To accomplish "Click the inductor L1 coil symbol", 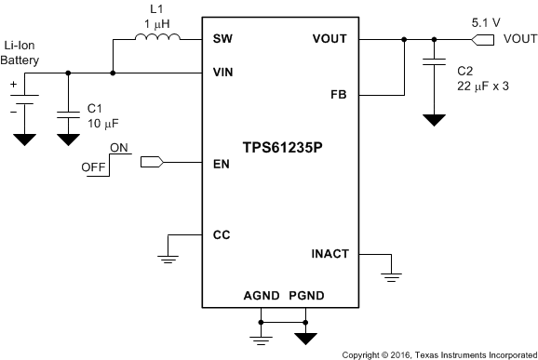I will pyautogui.click(x=155, y=38).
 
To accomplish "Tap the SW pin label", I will pyautogui.click(x=222, y=40).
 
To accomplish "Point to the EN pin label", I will pyautogui.click(x=221, y=163).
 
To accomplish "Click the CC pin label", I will pyautogui.click(x=222, y=234).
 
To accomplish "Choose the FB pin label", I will pyautogui.click(x=340, y=95).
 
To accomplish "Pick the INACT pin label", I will pyautogui.click(x=331, y=253).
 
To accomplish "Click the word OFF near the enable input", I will pyautogui.click(x=93, y=168).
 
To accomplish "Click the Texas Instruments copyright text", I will pyautogui.click(x=438, y=354).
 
